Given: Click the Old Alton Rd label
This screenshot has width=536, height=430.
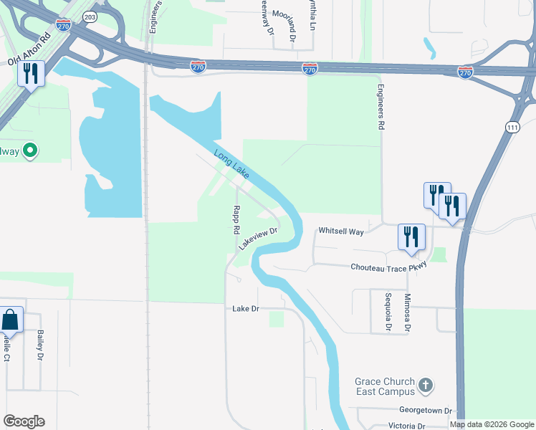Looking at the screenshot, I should click(29, 51).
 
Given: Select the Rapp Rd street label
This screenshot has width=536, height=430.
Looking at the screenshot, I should click(235, 221).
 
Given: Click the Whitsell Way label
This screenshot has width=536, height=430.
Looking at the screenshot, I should click(341, 231).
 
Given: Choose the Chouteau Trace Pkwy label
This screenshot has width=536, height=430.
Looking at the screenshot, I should click(388, 267).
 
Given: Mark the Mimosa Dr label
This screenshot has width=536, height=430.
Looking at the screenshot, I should click(407, 313).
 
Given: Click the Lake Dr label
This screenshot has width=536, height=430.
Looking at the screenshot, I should click(245, 309).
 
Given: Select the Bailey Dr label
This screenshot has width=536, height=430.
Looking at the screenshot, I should click(40, 345).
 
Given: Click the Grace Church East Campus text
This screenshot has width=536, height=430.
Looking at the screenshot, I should click(385, 386).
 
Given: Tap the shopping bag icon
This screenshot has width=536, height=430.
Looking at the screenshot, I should click(11, 320).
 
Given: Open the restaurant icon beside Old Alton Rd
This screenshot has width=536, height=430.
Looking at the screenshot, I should click(31, 73).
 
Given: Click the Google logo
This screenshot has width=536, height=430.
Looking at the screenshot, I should click(24, 421).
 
